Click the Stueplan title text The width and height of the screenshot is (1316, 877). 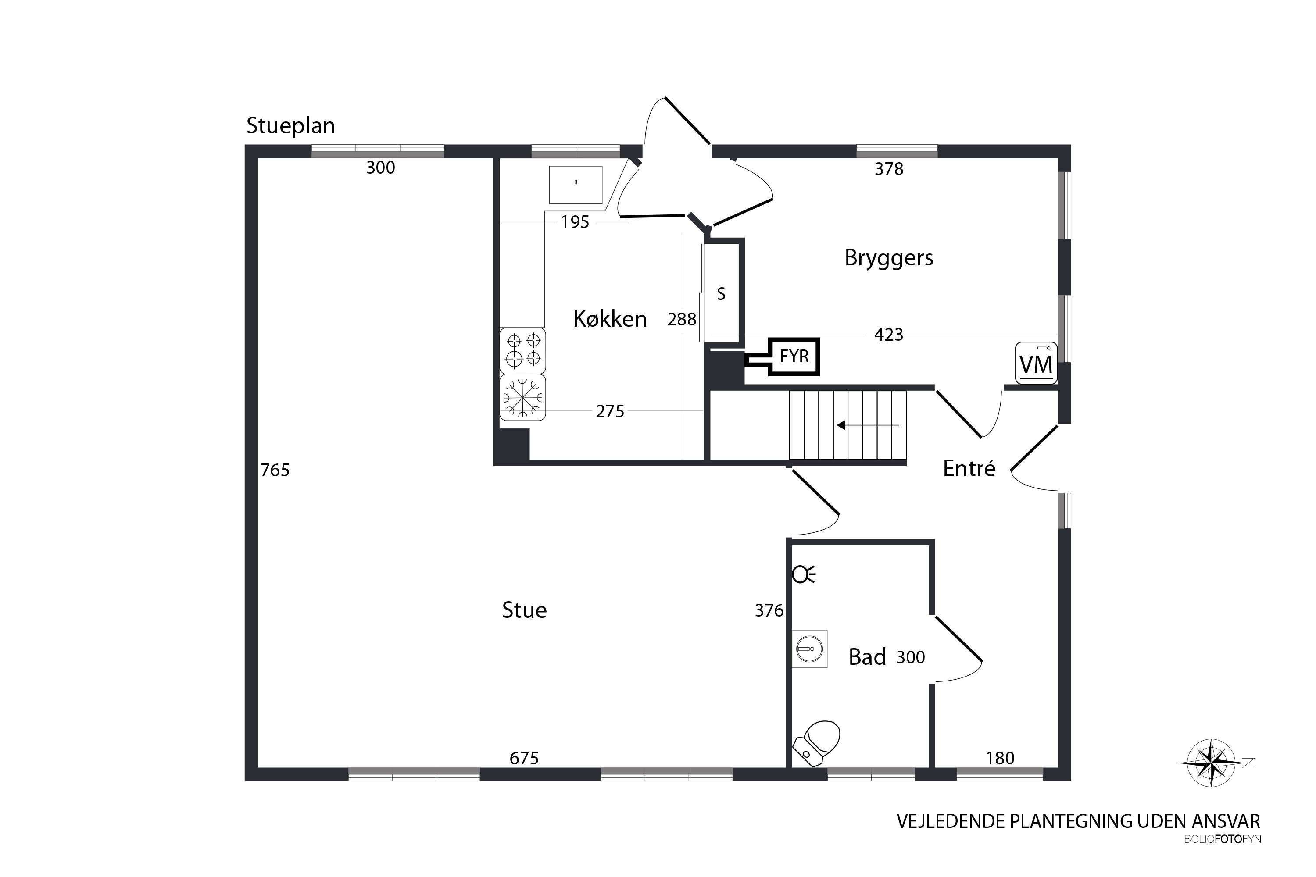[290, 126]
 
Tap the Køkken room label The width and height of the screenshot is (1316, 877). [610, 319]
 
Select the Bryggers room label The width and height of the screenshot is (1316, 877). [889, 258]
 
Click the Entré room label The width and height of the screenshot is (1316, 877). [969, 468]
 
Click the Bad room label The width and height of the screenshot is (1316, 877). [867, 657]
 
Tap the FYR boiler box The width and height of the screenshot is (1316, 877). [794, 356]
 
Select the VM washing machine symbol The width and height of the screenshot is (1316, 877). [1036, 363]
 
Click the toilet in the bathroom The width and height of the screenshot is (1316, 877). [816, 743]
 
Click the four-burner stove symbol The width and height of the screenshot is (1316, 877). [522, 351]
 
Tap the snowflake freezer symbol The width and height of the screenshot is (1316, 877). [522, 398]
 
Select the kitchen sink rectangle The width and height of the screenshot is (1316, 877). [576, 185]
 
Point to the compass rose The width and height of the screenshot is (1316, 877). [1211, 763]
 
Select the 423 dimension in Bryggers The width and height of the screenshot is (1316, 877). [889, 335]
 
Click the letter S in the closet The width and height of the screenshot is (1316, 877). [721, 294]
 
